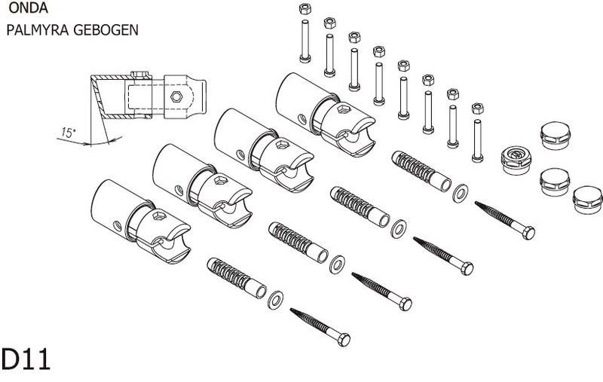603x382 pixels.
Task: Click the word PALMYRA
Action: click(x=34, y=33)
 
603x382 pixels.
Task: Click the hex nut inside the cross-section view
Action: click(x=175, y=96)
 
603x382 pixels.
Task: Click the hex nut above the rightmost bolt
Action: click(x=476, y=108)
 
